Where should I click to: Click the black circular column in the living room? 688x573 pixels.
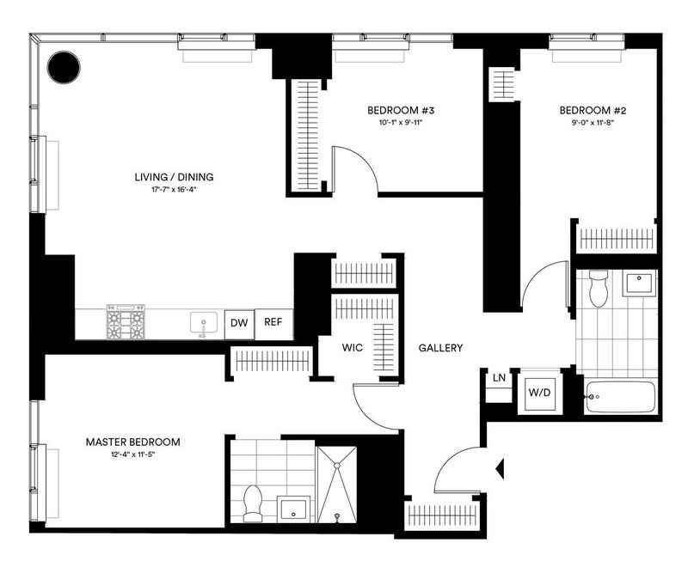[x=63, y=67]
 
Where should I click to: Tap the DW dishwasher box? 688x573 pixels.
[x=238, y=323]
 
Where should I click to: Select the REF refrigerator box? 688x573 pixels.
[x=273, y=323]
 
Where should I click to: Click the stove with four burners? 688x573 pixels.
[x=125, y=323]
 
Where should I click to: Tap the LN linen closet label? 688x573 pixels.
[x=499, y=378]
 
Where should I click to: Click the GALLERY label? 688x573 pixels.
[x=440, y=348]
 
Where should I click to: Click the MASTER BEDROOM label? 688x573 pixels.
[x=132, y=442]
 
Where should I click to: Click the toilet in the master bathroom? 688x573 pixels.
[x=253, y=503]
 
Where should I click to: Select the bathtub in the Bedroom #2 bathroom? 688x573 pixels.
[x=620, y=398]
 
